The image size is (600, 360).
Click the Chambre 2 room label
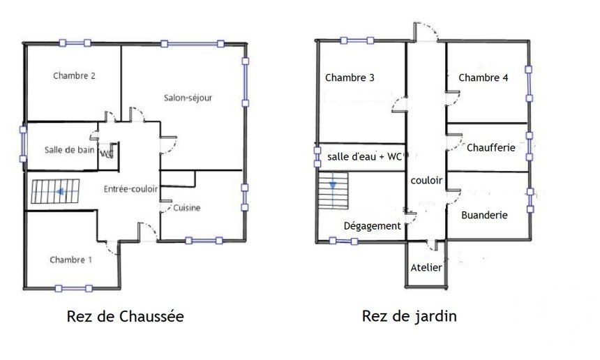74,76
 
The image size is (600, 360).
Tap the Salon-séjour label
188,98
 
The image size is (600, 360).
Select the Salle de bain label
69,150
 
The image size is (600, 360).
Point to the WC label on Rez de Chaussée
106,153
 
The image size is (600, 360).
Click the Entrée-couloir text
131,189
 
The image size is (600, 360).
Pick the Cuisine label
187,208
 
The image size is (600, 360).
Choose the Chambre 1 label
70,260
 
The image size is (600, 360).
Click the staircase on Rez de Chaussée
56,191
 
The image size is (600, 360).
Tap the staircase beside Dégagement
333,190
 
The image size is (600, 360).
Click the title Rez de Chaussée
125,317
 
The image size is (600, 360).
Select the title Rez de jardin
410,316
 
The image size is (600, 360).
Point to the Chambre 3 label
350,77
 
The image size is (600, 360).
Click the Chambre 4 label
483,77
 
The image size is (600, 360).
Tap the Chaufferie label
491,148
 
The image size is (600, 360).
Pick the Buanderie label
484,215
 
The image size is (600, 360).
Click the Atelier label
426,268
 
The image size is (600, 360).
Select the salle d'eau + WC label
365,157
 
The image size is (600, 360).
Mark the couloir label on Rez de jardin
426,180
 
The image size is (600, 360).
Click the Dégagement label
373,226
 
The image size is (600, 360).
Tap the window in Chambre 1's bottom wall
73,288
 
